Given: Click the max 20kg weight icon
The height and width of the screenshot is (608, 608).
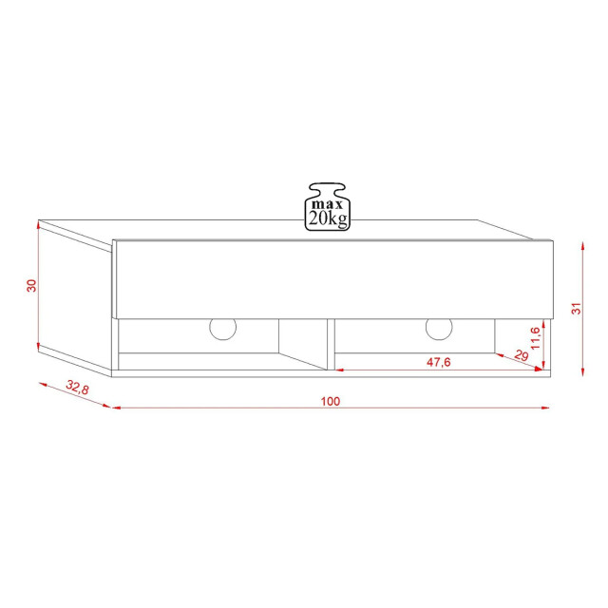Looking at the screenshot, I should coord(327,207).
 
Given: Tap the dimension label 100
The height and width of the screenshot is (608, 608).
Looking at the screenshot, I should coord(330,401).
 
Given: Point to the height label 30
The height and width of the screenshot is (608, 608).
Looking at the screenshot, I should coord(31,285).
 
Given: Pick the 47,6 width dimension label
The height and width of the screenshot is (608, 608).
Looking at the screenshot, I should coord(436,362).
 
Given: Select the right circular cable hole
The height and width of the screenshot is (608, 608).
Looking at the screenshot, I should coord(439,328).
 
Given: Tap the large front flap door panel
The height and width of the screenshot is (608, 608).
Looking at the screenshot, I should coord(331,278).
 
